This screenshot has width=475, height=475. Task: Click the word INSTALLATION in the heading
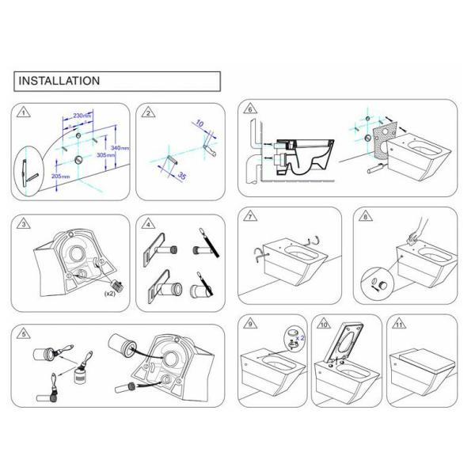pos(59,81)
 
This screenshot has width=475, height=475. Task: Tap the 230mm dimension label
pos(82,116)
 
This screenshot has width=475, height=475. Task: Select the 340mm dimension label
pos(120,148)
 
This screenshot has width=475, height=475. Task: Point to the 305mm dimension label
pos(106,155)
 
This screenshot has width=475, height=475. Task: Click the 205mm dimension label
pos(61,176)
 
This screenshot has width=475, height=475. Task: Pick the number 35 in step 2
pos(182,176)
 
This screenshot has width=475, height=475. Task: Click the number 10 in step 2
pos(199,123)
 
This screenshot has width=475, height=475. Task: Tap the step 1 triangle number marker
pos(24,112)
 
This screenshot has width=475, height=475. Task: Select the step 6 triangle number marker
pos(250,108)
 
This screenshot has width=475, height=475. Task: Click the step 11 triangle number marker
pos(399,324)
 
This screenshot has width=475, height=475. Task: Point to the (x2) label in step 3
pos(110,294)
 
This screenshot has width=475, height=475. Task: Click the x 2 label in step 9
pos(300,338)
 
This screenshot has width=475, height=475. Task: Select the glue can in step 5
pos(80,375)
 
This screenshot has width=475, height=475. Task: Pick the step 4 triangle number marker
pos(148,224)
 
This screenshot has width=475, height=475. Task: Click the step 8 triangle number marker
pos(366,216)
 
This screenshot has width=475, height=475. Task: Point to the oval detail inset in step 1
pos(28,170)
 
